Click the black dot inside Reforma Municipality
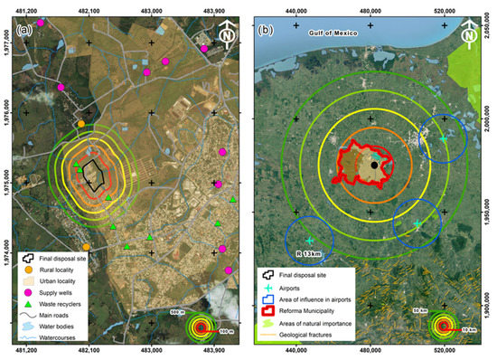pyautogui.click(x=374, y=165)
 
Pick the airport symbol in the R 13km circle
pyautogui.click(x=309, y=240)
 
